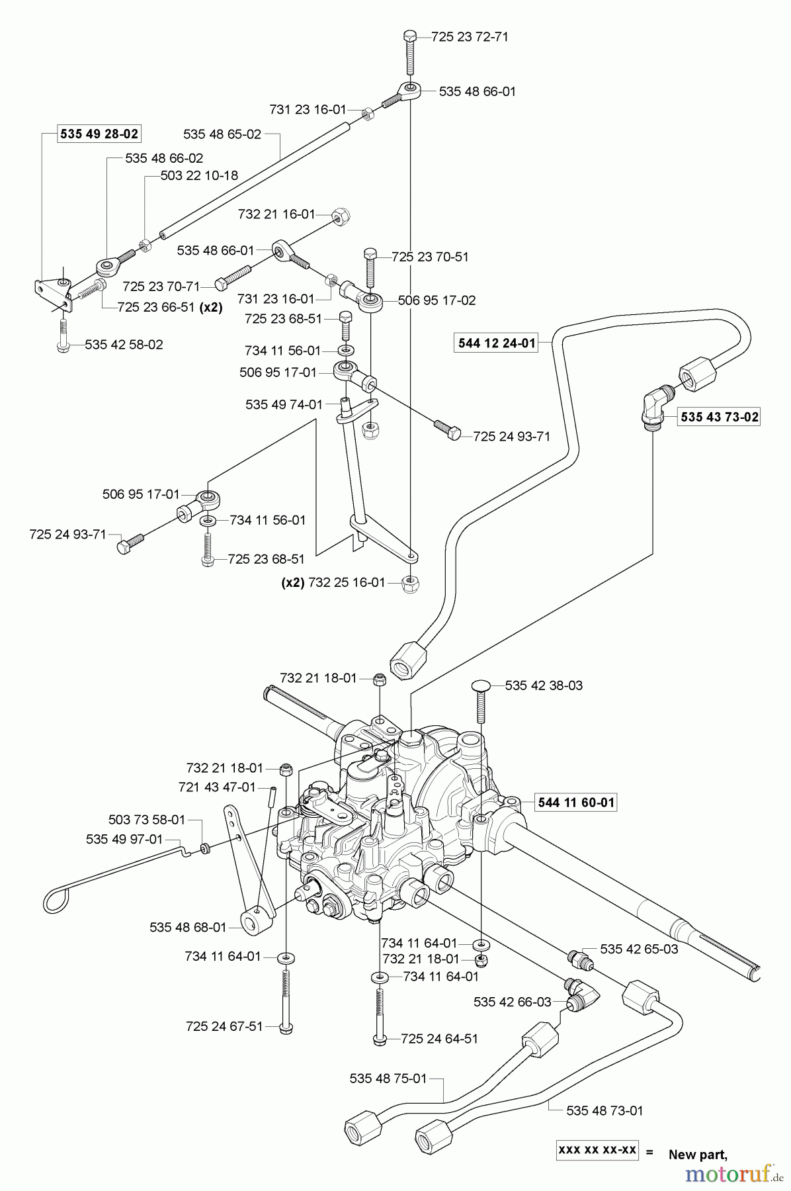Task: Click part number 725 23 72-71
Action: click(x=470, y=37)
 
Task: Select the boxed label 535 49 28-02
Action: click(x=99, y=134)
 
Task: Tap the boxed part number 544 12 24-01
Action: click(x=497, y=343)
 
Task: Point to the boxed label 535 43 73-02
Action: click(x=720, y=417)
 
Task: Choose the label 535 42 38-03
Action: click(x=544, y=686)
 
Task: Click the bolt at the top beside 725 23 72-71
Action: click(x=410, y=52)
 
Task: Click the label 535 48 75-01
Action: click(x=388, y=1079)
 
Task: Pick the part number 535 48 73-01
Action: click(x=604, y=1111)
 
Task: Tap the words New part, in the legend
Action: click(x=698, y=1155)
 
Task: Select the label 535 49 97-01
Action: click(x=124, y=839)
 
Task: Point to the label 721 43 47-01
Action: click(x=217, y=787)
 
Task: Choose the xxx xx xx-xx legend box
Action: click(x=597, y=1150)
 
